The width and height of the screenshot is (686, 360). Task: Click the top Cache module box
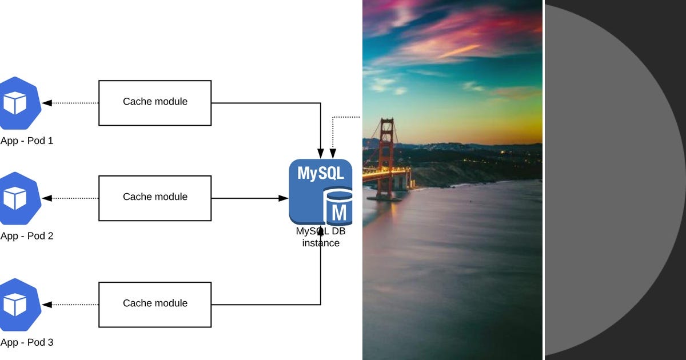point(155,103)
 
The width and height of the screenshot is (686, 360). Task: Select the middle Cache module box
point(155,198)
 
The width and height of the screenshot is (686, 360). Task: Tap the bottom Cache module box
point(155,304)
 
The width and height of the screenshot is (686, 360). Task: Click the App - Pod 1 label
point(27,141)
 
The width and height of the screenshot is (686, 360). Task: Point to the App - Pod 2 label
point(27,235)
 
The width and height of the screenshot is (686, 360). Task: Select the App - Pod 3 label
point(27,342)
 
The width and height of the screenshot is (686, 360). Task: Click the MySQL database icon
point(320,192)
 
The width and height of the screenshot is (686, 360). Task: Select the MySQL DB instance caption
point(321,237)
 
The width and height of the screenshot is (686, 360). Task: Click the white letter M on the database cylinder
point(339,213)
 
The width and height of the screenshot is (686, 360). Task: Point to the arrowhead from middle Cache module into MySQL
point(284,198)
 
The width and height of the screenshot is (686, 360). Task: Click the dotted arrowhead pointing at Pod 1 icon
point(47,103)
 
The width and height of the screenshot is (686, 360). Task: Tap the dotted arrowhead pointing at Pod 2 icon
point(47,198)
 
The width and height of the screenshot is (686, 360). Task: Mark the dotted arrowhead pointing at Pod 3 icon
point(47,305)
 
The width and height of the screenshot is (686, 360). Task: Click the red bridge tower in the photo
point(387,154)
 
